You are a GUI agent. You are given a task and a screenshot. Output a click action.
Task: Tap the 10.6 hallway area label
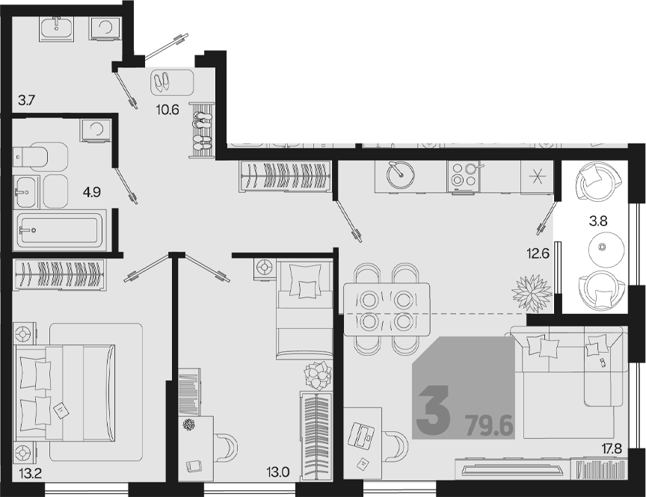(x=167, y=110)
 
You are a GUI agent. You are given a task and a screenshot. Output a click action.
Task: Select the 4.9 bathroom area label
(x=91, y=192)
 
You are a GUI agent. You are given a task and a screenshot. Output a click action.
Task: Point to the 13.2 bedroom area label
(x=30, y=474)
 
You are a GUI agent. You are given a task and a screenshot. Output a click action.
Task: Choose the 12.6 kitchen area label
(x=538, y=254)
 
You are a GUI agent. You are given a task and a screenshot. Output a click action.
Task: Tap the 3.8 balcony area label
(x=598, y=221)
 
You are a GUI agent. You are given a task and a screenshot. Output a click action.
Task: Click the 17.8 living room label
(x=610, y=448)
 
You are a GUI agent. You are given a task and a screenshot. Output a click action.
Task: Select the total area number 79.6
(x=490, y=426)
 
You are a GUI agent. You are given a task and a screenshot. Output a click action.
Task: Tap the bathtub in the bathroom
(x=61, y=229)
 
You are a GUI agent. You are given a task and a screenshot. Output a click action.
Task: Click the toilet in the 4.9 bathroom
(x=40, y=156)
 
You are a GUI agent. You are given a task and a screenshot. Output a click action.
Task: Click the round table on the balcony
(x=603, y=247)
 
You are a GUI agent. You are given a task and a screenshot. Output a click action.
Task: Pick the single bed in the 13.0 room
(x=305, y=310)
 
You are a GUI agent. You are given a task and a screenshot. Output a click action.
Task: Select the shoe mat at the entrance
(x=172, y=82)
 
